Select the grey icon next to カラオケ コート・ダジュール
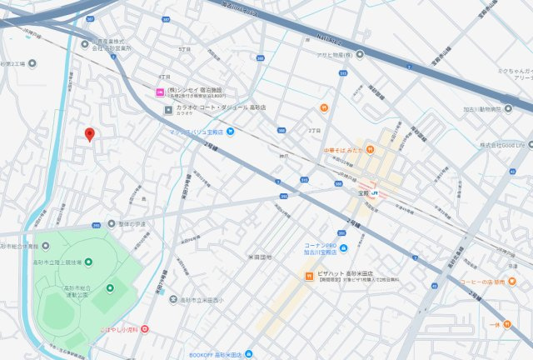168,108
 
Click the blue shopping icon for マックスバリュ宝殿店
231,132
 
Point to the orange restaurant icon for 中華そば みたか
369,150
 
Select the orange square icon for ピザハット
307,273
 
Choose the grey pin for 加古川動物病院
508,109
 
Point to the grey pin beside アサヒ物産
360,55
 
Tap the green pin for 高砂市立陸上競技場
45,247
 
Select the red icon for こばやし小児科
145,330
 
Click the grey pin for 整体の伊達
112,223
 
